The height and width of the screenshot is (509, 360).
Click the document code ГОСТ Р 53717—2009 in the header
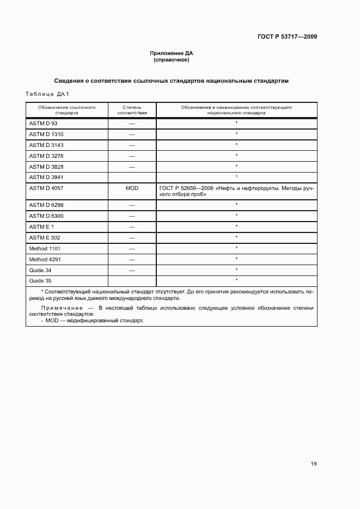pos(287,37)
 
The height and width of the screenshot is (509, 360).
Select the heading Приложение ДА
pos(172,53)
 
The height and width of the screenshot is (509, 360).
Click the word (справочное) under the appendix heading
pos(172,60)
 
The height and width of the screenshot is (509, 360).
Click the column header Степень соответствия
pos(132,111)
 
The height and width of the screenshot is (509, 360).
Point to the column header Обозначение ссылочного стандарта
pos(67,111)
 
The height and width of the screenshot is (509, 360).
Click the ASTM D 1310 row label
pos(46,134)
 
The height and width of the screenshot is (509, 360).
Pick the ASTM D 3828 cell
pos(46,167)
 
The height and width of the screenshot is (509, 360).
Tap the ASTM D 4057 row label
pos(46,188)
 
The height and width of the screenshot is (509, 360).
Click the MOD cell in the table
pos(132,188)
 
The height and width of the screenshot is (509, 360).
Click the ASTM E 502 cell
pos(44,237)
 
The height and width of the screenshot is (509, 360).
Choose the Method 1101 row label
pos(45,248)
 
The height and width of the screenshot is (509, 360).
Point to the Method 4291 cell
pos(45,259)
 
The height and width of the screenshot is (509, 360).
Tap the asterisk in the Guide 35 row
pos(236,280)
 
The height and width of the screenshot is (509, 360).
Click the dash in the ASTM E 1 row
pos(132,226)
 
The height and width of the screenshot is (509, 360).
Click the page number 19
pos(314,464)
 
